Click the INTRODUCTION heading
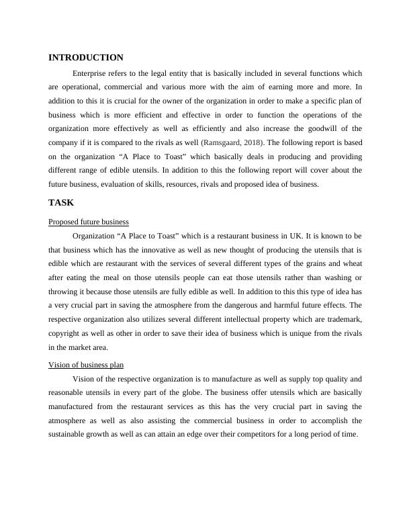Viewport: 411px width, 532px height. (86, 58)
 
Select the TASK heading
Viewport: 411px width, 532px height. (61, 202)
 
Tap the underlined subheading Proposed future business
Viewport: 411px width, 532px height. (89, 222)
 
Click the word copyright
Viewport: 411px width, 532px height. (66, 333)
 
